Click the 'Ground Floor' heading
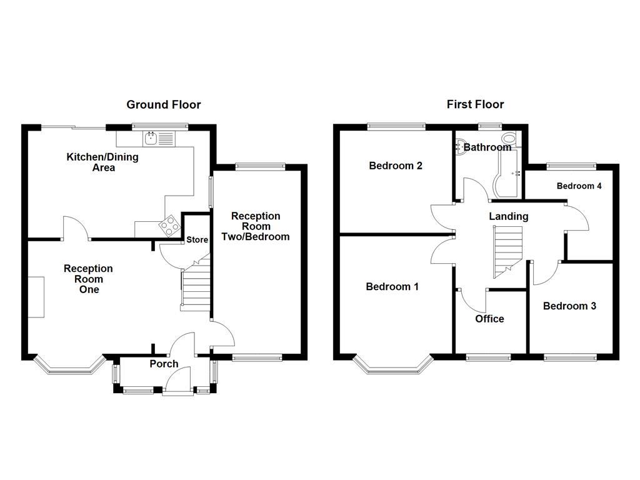pos(164,104)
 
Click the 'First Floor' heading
pos(475,104)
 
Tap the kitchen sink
pos(152,138)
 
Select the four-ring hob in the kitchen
pos(168,226)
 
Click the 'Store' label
pos(197,239)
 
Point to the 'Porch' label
pos(164,364)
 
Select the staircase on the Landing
pos(507,250)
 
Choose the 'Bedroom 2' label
pos(396,166)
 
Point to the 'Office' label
pos(489,319)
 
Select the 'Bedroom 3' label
pos(569,306)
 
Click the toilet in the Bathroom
pos(510,139)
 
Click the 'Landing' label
pos(508,216)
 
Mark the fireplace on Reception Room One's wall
pos(36,297)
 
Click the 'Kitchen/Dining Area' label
pos(102,162)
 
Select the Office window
pos(489,357)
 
